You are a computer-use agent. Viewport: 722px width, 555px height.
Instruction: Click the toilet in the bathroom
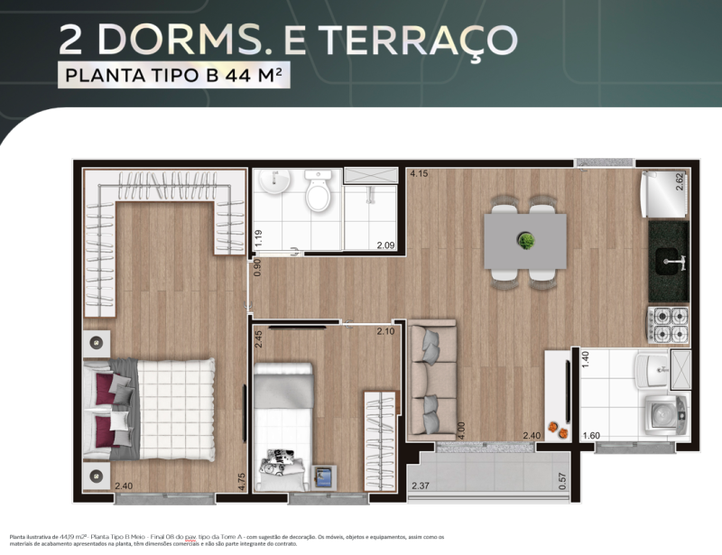point(318,191)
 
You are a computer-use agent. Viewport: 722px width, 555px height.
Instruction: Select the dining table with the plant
point(525,241)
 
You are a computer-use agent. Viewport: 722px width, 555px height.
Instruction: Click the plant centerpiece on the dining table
point(525,240)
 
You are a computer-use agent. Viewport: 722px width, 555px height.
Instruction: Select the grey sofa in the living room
point(432,379)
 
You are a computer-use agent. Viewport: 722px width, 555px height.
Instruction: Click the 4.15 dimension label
point(418,173)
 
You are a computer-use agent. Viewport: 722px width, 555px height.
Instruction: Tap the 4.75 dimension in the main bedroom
point(241,481)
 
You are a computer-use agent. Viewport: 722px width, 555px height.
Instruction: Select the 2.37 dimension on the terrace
point(421,486)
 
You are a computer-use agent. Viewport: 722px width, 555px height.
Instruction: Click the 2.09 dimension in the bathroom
point(385,243)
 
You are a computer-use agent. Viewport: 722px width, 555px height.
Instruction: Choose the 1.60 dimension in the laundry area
point(590,436)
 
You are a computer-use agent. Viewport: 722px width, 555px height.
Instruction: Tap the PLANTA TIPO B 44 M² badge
point(175,76)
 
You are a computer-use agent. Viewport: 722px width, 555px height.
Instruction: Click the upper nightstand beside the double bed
point(97,344)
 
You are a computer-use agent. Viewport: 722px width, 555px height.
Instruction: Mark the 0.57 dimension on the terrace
point(563,482)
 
